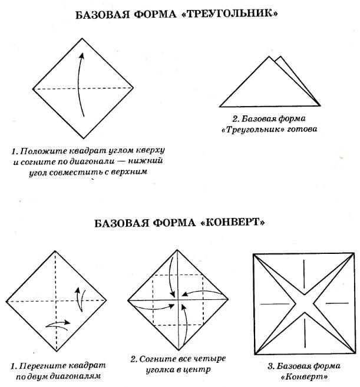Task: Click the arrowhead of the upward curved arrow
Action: coord(82,56)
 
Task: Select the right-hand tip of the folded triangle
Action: coord(319,106)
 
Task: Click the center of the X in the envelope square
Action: coord(304,303)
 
